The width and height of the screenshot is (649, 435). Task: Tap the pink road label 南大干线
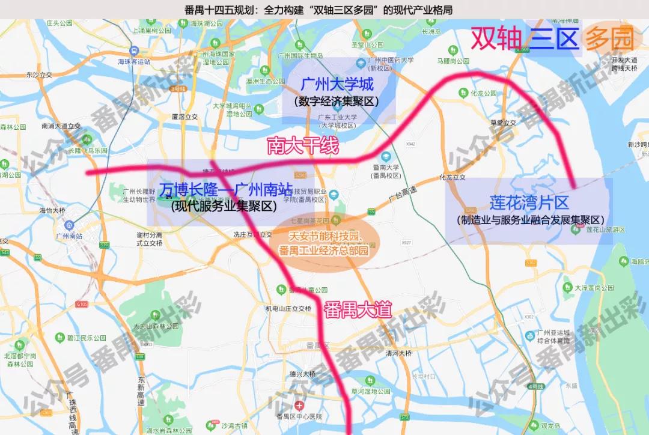click(303, 145)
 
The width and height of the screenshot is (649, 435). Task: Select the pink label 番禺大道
click(358, 309)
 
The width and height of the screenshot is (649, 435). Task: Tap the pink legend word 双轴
click(496, 38)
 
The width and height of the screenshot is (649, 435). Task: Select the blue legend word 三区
click(553, 38)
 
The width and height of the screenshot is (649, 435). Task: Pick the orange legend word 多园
click(609, 39)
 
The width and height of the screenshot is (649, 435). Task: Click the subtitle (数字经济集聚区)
click(338, 102)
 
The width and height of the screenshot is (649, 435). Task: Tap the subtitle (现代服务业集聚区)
click(224, 207)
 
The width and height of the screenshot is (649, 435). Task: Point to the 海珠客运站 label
click(133, 61)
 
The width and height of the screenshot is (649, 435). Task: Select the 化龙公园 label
click(483, 93)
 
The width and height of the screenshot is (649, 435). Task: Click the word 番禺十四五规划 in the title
click(221, 10)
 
